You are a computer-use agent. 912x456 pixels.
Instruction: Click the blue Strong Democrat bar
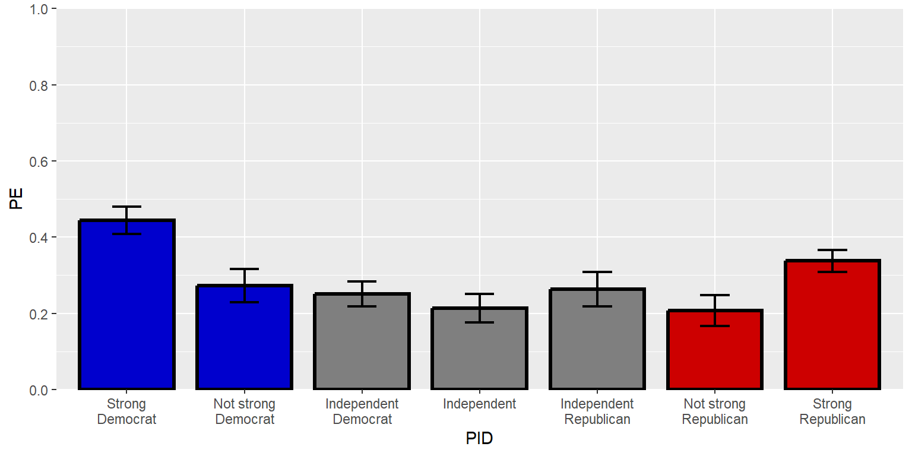(x=126, y=309)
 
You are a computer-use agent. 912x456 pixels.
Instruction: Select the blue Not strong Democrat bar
(x=244, y=338)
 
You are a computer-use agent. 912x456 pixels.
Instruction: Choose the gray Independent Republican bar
(x=597, y=341)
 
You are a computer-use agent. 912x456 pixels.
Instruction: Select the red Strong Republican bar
(x=832, y=327)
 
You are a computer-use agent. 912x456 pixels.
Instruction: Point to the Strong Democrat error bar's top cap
(x=126, y=207)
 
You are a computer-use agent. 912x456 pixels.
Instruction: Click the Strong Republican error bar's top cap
(x=832, y=250)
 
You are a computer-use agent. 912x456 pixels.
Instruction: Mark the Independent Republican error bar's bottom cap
(x=597, y=306)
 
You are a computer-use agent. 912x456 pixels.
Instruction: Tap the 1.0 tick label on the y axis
(x=39, y=9)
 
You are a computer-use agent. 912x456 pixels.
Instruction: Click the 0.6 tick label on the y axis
(x=39, y=161)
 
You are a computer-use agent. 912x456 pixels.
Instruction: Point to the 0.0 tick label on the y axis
(x=39, y=389)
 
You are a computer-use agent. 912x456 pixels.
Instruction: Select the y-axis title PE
(x=17, y=199)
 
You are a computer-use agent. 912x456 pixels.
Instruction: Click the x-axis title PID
(x=479, y=439)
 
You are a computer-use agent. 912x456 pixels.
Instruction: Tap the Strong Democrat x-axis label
(x=126, y=412)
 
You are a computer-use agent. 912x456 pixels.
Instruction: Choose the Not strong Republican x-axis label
(x=714, y=412)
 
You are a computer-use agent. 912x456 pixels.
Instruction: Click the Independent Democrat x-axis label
(x=362, y=412)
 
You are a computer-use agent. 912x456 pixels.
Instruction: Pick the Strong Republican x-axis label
(x=832, y=412)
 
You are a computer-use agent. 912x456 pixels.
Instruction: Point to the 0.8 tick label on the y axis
(x=39, y=85)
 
